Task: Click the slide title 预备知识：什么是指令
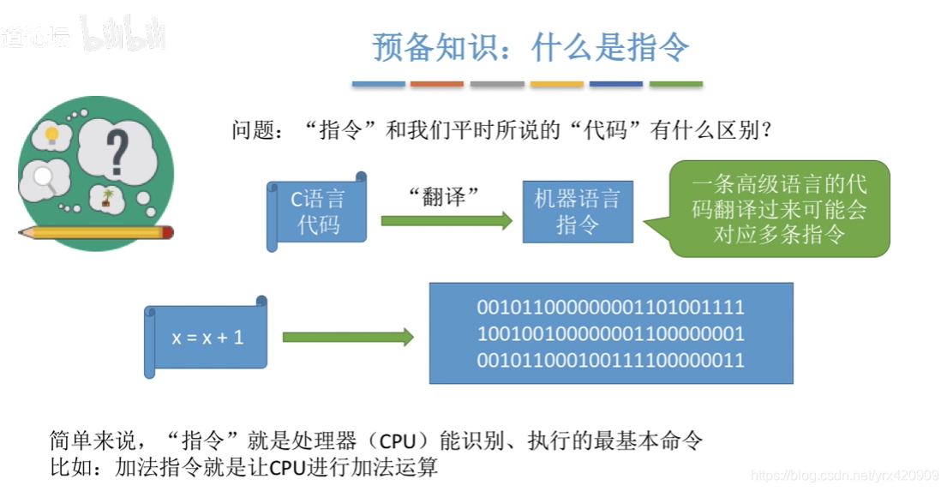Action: [x=530, y=47]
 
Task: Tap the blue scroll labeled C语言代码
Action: [x=318, y=212]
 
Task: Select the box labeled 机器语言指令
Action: [x=577, y=212]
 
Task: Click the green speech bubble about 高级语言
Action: [x=778, y=209]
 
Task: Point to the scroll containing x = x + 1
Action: [x=207, y=337]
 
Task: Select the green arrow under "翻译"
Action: [x=446, y=221]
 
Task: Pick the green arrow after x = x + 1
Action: [x=348, y=337]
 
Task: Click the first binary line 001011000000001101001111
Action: [x=610, y=307]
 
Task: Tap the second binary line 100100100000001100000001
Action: [x=610, y=333]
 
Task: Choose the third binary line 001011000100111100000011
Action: [x=610, y=360]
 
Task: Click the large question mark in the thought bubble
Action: [x=117, y=152]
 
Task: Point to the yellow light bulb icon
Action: [x=52, y=135]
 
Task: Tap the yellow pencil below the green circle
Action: [x=95, y=232]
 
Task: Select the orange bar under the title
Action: [x=437, y=84]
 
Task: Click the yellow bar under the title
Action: [x=556, y=84]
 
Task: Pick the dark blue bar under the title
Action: [x=615, y=84]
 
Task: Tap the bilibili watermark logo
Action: [x=123, y=34]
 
